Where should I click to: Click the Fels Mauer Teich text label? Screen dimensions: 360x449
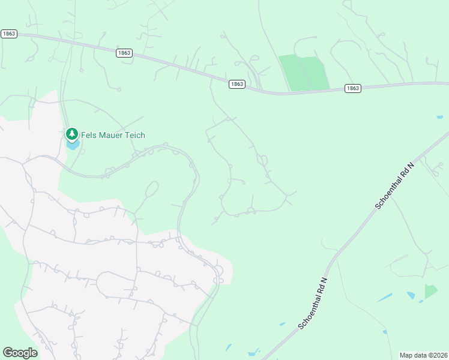pyautogui.click(x=113, y=135)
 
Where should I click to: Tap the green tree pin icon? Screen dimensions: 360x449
pyautogui.click(x=72, y=134)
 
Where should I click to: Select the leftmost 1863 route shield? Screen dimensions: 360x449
pyautogui.click(x=8, y=34)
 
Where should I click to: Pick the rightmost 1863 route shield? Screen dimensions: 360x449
pyautogui.click(x=352, y=88)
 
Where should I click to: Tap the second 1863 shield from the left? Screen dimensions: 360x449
pyautogui.click(x=124, y=53)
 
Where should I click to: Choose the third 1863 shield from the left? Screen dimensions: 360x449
pyautogui.click(x=237, y=84)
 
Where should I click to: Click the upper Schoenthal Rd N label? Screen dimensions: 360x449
pyautogui.click(x=395, y=185)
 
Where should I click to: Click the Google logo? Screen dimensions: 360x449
pyautogui.click(x=20, y=353)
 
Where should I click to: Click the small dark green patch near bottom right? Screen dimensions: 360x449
pyautogui.click(x=431, y=291)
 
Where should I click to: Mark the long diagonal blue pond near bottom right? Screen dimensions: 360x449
pyautogui.click(x=384, y=298)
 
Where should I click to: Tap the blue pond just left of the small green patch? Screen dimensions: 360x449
pyautogui.click(x=411, y=295)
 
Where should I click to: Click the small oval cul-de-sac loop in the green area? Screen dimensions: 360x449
pyautogui.click(x=152, y=190)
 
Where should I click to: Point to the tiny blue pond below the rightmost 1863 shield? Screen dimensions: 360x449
pyautogui.click(x=440, y=117)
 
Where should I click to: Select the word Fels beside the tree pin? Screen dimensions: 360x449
pyautogui.click(x=90, y=135)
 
